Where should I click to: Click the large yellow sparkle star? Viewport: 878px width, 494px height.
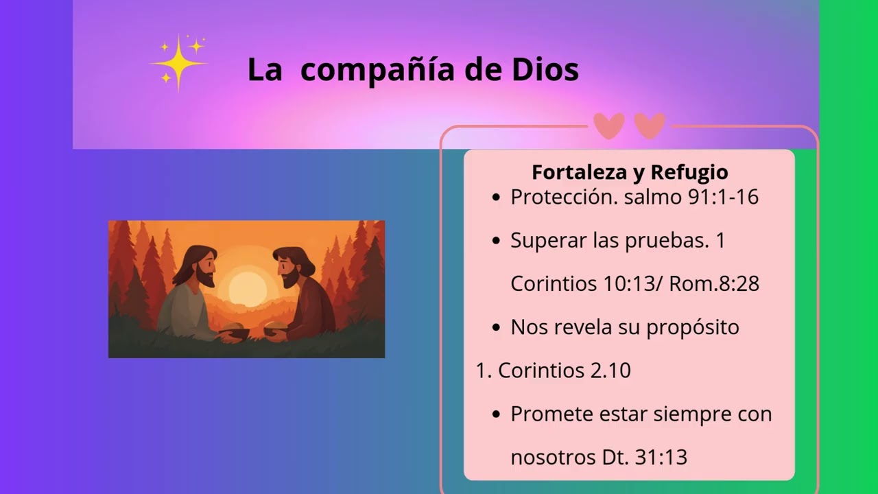[x=178, y=62]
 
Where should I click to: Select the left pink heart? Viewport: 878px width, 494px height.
[x=608, y=126]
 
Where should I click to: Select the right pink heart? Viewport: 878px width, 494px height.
[x=650, y=126]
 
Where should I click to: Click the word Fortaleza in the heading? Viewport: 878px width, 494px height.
[x=575, y=172]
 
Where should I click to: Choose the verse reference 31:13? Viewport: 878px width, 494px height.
[x=661, y=458]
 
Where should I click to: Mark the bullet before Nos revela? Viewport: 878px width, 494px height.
[x=497, y=329]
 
